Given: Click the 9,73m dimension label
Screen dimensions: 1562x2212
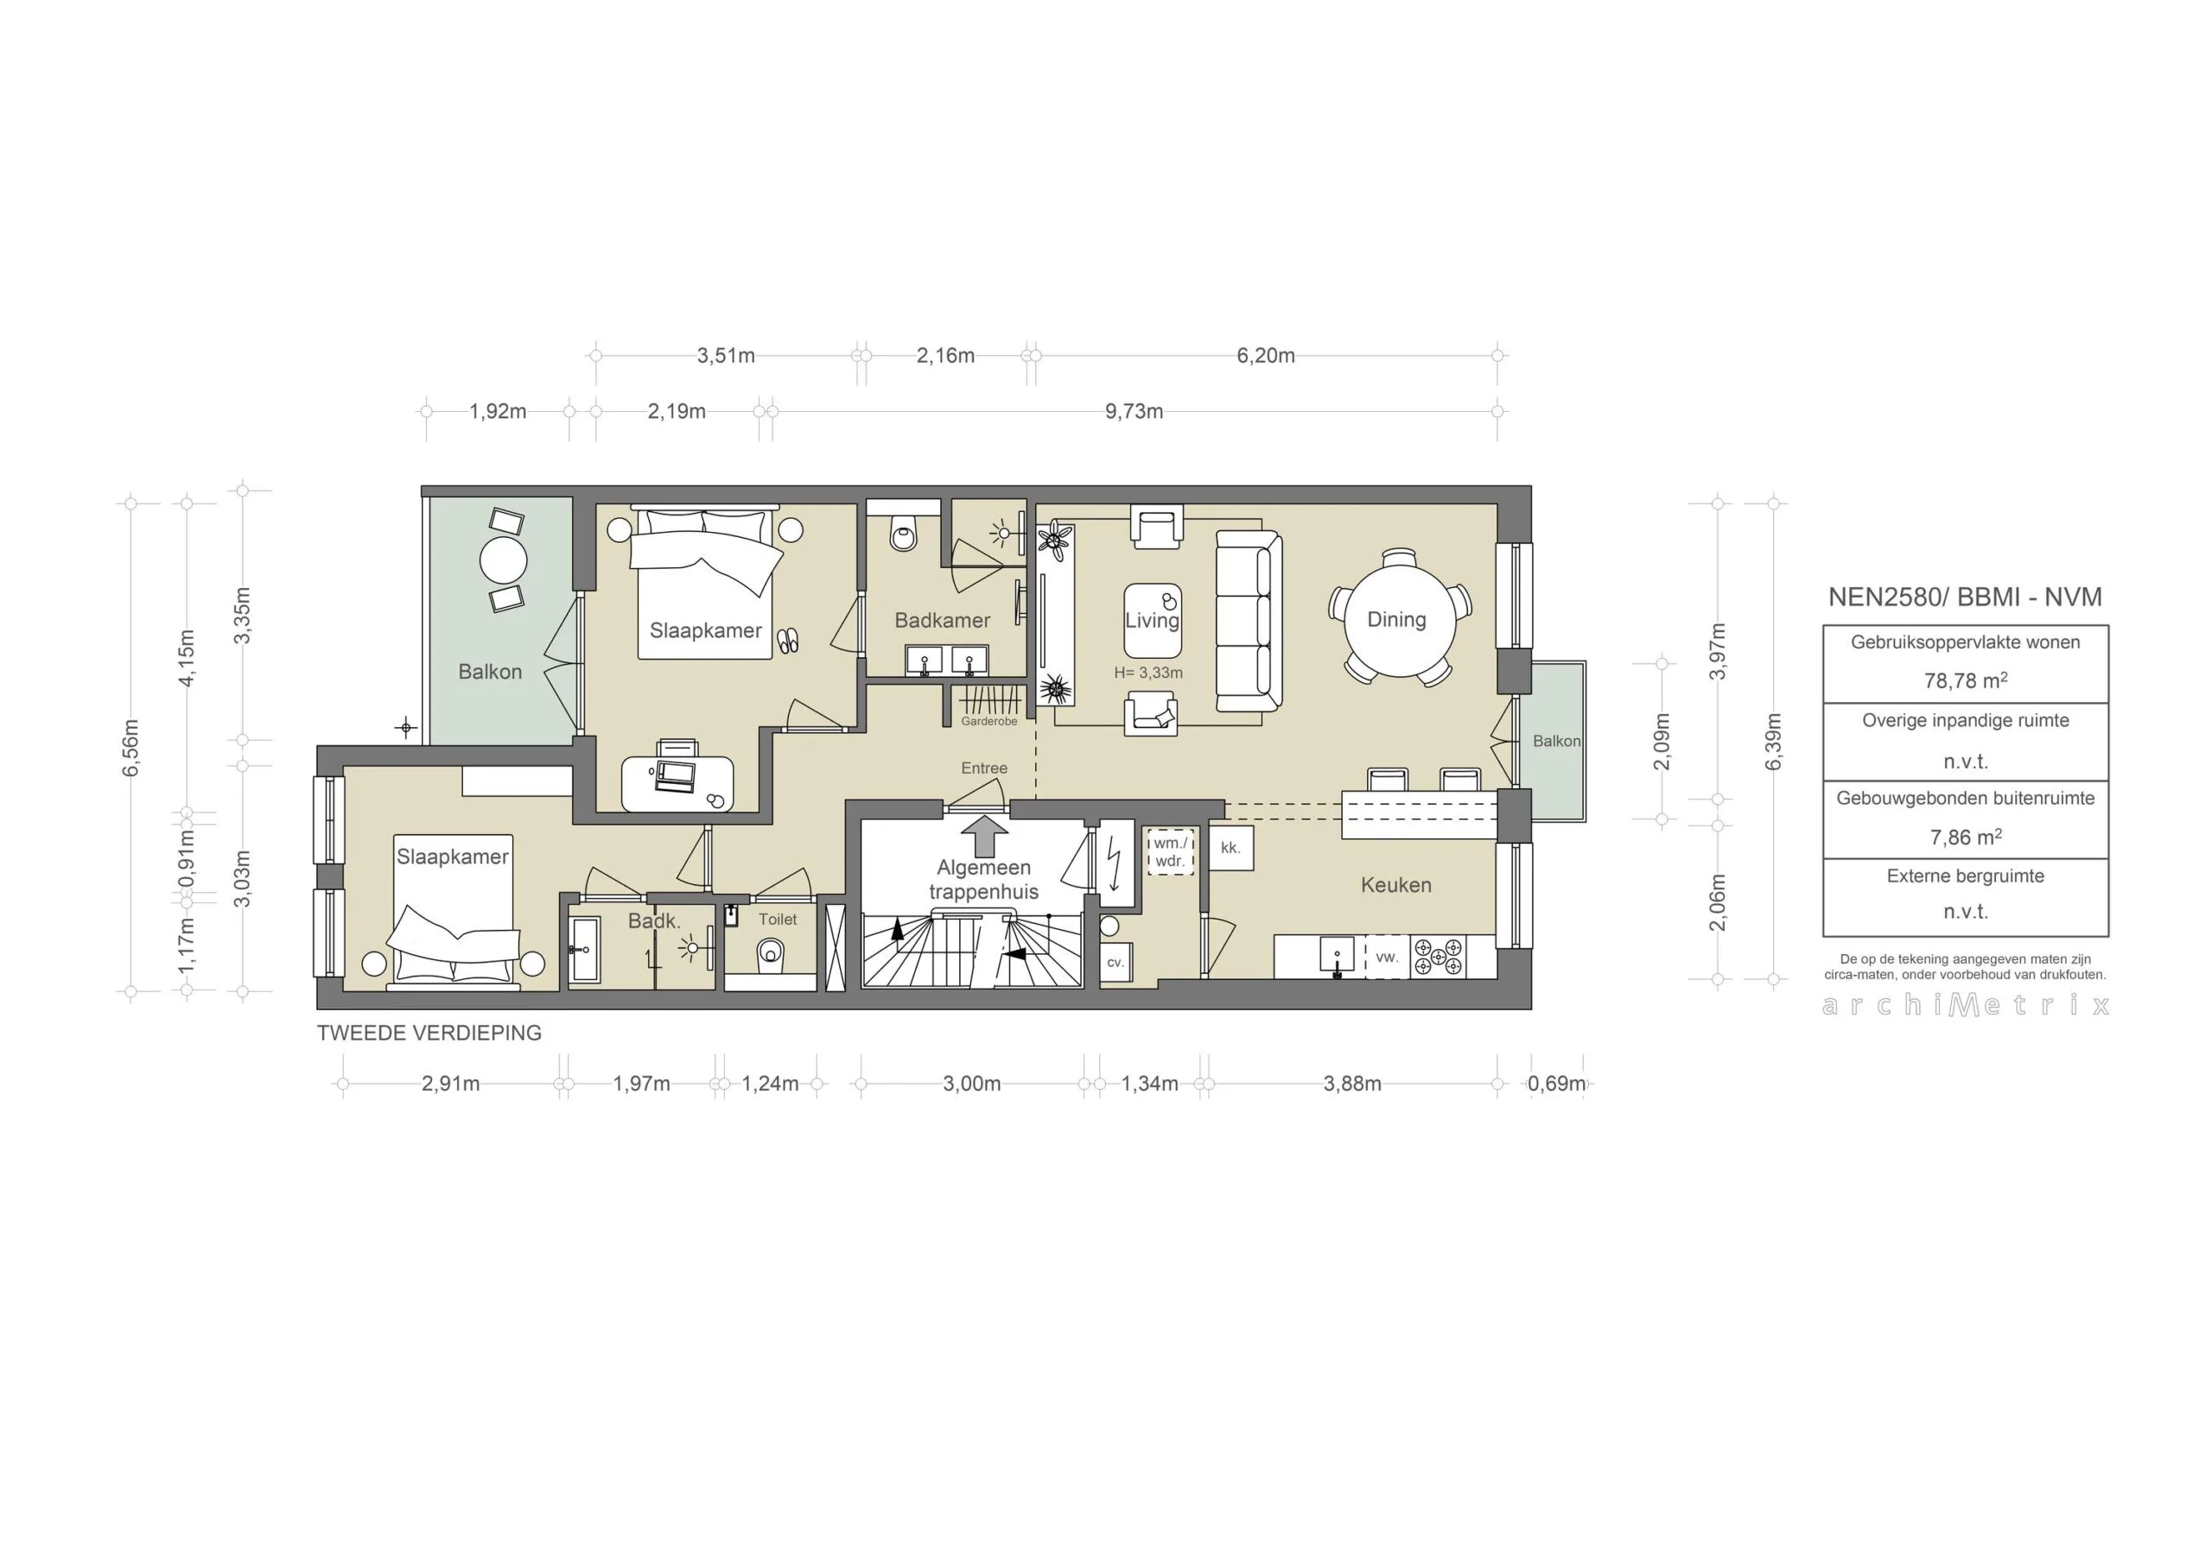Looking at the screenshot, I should pos(1133,411).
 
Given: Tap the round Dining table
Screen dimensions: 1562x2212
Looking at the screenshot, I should pos(1397,617).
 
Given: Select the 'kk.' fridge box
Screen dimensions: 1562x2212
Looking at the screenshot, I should pos(1230,847).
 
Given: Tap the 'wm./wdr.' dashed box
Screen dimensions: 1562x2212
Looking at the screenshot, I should pos(1170,851).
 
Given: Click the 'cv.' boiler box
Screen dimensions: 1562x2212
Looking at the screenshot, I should pos(1115,961).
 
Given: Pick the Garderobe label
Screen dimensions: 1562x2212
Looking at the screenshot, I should pos(988,721).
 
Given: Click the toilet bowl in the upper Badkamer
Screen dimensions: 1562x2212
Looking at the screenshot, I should pos(903,533).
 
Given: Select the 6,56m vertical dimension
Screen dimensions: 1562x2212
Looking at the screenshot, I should pos(131,746).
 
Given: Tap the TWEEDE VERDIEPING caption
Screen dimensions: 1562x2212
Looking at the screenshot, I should pos(429,1033).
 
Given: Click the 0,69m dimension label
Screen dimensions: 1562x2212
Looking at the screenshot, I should pos(1556,1084).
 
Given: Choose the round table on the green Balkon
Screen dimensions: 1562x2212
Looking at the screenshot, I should pos(503,559).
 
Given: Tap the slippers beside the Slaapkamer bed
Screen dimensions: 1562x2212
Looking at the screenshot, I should pos(788,641).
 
